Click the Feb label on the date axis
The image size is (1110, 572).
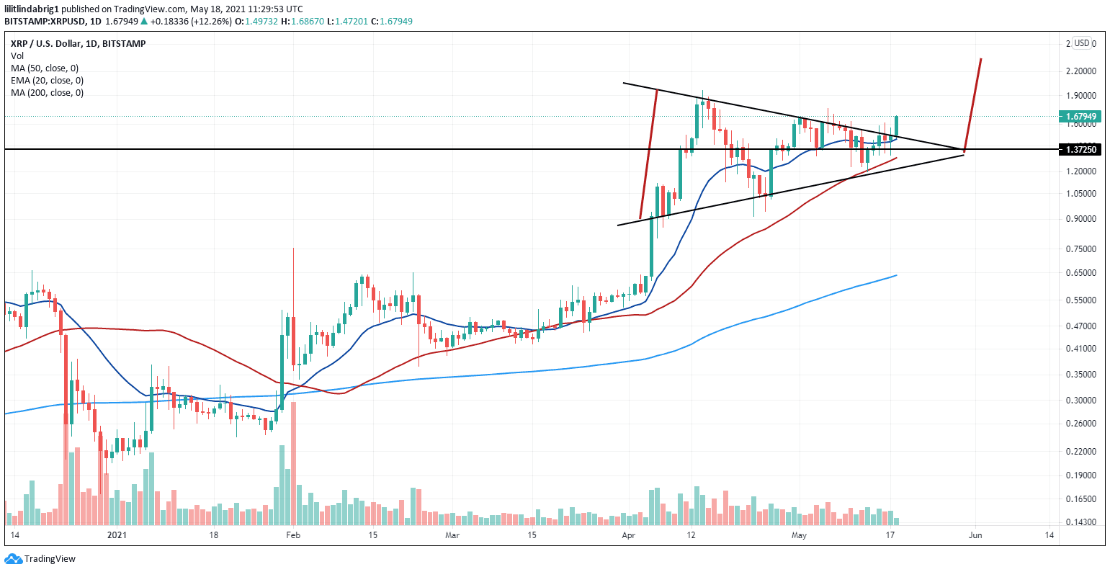[292, 535]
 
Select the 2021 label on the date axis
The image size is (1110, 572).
[117, 535]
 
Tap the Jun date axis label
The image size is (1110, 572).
[975, 535]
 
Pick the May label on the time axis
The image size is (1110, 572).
[798, 535]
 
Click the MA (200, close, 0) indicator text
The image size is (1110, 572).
[47, 92]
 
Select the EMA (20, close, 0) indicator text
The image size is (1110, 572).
[47, 80]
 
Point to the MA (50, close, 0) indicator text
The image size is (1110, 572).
[45, 68]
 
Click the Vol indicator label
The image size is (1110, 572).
[17, 55]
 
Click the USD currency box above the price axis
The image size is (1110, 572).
[1081, 43]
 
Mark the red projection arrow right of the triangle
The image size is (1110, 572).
[972, 104]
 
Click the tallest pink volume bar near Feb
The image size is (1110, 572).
[294, 457]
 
